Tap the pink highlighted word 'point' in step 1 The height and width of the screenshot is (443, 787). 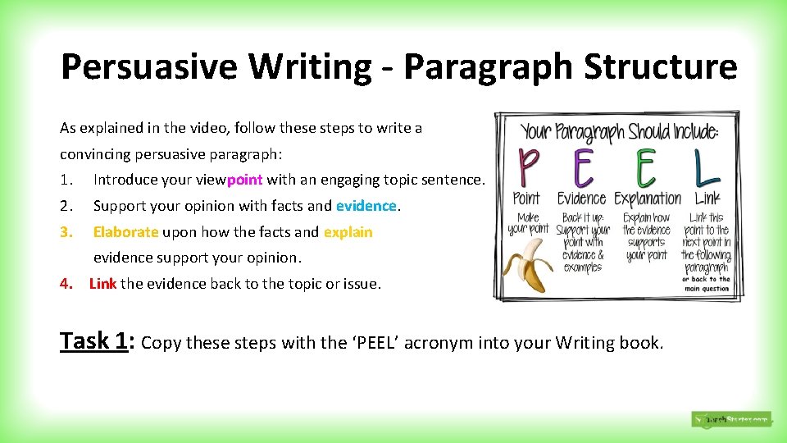click(244, 180)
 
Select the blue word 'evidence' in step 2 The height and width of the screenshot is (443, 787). click(366, 206)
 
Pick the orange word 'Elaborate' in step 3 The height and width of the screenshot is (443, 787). click(125, 232)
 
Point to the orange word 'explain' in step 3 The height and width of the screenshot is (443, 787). click(348, 232)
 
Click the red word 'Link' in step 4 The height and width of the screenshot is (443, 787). click(102, 284)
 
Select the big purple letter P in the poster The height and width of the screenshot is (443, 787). click(526, 168)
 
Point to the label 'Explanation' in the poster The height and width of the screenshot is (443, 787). click(648, 199)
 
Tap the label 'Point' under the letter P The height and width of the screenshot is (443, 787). click(526, 199)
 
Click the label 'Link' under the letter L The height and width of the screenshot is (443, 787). click(707, 199)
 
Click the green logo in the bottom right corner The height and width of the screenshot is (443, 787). click(730, 419)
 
